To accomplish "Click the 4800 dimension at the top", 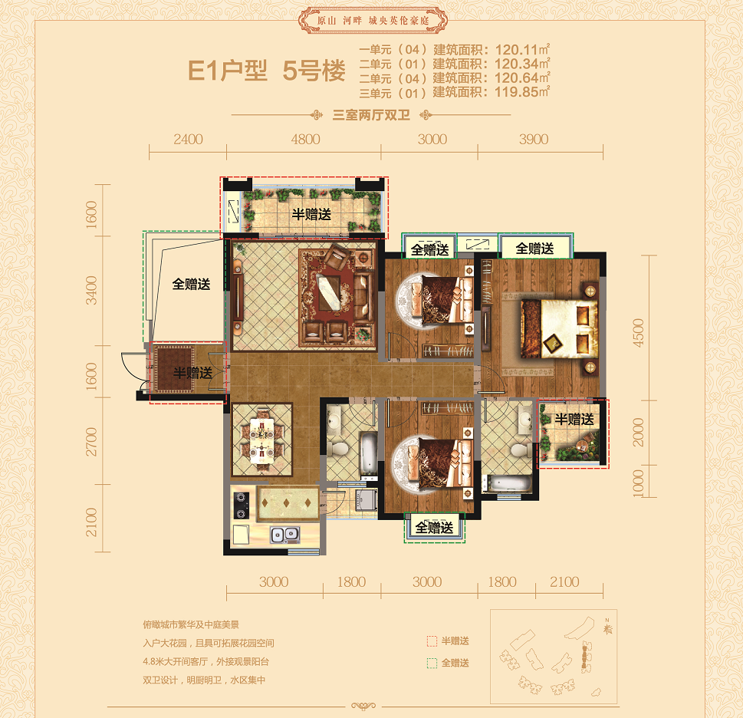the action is (x=306, y=140).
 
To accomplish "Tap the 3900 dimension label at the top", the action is (x=534, y=140).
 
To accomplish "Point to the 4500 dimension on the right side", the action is (x=638, y=333).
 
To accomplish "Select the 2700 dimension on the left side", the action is (x=91, y=442).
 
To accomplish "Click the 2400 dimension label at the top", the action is (x=188, y=140).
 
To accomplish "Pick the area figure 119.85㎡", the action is (x=522, y=92).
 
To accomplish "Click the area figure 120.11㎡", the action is (x=522, y=49).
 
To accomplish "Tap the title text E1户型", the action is (x=228, y=71).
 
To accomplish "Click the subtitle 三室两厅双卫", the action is (x=371, y=115).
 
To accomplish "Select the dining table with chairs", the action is (x=261, y=440).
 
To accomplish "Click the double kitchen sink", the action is (x=284, y=535).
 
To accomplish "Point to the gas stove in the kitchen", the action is (x=242, y=506).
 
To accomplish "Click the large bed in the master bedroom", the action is (x=558, y=328).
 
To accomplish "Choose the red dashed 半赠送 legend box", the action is (x=432, y=641).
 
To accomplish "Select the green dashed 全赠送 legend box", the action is (x=432, y=663).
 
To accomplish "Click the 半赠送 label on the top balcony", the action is (x=311, y=214).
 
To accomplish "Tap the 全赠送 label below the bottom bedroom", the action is (x=434, y=527).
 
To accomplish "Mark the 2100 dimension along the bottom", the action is (x=564, y=582).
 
